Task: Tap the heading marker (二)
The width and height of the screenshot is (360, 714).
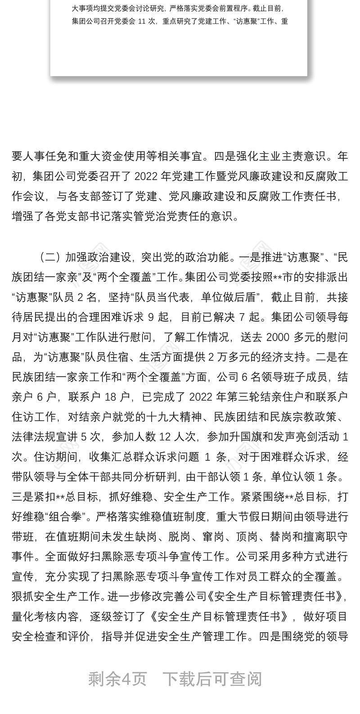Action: point(50,258)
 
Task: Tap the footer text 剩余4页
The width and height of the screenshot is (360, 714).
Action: point(118,678)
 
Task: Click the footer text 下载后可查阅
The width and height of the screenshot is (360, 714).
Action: point(211,678)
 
